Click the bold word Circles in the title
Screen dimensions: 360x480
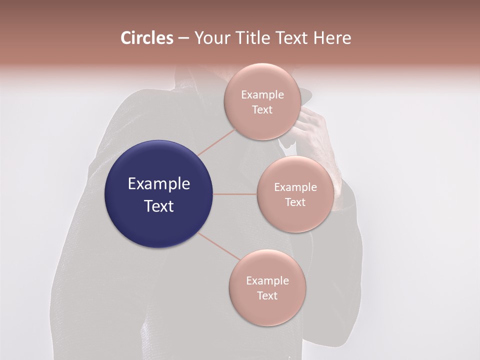point(146,38)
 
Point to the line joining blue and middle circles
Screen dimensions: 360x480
point(235,194)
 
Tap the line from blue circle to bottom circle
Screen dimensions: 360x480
point(218,245)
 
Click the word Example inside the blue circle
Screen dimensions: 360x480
point(159,184)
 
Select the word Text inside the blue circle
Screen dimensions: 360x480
point(159,206)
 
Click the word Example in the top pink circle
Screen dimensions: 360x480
point(262,95)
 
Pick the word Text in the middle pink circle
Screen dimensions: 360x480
point(295,202)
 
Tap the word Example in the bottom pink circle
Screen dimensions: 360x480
point(267,281)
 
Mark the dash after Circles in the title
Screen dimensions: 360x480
point(183,38)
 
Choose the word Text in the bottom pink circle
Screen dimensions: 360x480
point(267,296)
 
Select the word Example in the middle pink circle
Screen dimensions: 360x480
point(295,187)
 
